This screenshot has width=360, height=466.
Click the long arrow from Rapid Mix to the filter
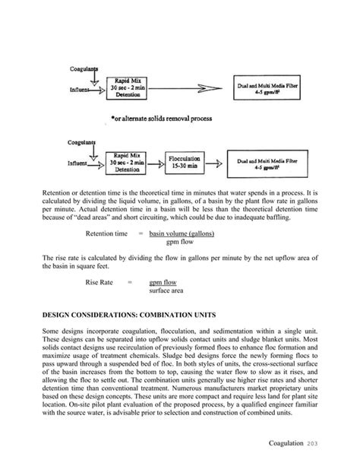[191, 89]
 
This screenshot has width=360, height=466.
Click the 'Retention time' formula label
[106, 233]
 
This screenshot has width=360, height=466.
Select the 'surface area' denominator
[169, 290]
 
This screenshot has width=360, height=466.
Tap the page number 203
[321, 443]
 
